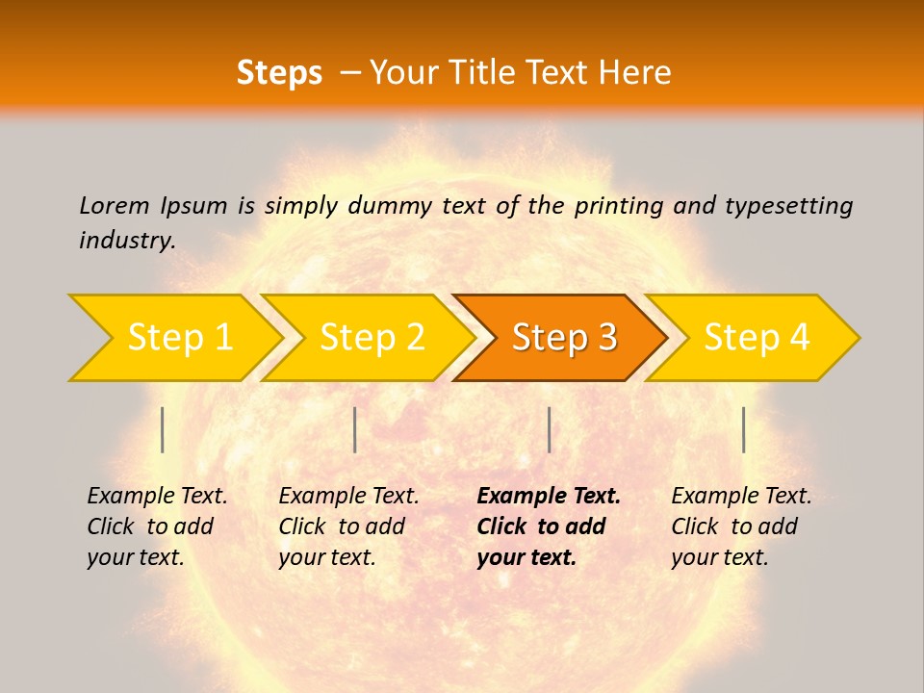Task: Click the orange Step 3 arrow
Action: (563, 338)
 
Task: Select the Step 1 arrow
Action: (179, 338)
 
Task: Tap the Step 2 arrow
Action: (372, 338)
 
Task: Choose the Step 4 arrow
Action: (756, 338)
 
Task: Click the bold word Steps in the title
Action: (279, 73)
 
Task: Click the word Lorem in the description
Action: (114, 205)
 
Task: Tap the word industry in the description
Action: (127, 240)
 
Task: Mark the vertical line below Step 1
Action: (163, 429)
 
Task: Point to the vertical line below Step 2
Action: (355, 429)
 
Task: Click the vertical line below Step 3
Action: (549, 429)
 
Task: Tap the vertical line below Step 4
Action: (743, 429)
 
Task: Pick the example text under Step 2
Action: (347, 526)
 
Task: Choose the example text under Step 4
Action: (740, 526)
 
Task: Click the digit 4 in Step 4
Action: (798, 338)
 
